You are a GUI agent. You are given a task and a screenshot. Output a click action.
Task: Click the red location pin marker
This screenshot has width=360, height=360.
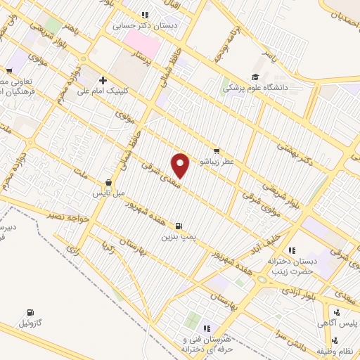(181, 165)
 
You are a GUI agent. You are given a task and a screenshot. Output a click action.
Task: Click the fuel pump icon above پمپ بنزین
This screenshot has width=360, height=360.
(179, 226)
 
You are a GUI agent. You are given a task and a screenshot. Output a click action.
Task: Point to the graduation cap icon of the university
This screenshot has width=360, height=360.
(255, 77)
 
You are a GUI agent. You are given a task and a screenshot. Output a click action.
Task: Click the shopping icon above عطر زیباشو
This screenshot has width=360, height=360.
(217, 150)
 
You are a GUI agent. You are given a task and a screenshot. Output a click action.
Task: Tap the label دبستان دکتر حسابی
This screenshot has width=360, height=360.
(144, 25)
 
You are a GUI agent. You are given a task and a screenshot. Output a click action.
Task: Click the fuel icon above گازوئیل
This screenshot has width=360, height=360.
(30, 312)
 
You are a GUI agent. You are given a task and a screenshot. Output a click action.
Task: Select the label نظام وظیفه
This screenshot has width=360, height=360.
(333, 350)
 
